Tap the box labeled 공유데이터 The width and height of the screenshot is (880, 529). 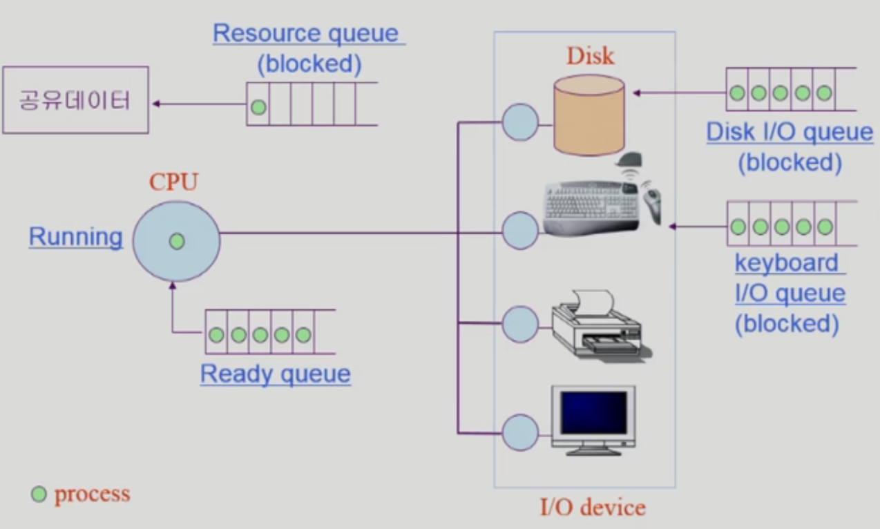pos(75,100)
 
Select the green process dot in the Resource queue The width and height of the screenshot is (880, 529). pos(258,108)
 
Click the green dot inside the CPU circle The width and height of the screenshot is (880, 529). pos(177,241)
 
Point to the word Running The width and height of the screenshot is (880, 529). pos(75,237)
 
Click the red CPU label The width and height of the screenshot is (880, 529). pos(173,182)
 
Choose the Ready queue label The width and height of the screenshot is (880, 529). pos(275,374)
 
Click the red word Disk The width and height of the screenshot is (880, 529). pos(590,56)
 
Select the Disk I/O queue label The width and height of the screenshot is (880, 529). pos(790,131)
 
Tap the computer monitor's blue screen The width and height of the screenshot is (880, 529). pos(594,412)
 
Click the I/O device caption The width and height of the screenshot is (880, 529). pos(593,508)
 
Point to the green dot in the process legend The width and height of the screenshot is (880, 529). pos(39,494)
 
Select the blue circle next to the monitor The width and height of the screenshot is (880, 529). pos(520,432)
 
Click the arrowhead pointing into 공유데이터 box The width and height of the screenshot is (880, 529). pos(156,104)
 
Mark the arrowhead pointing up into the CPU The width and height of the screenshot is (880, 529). pos(173,284)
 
